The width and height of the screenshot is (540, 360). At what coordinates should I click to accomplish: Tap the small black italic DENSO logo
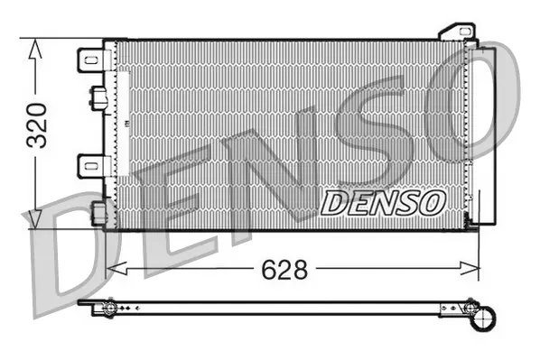coord(383,202)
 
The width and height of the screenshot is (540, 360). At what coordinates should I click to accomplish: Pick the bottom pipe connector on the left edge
coord(97,213)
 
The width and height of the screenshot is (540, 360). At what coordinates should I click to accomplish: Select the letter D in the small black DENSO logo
coord(334,203)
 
